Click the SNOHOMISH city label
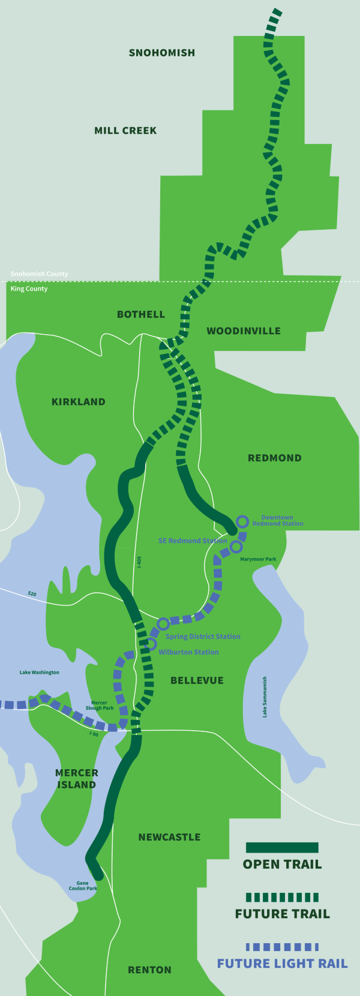point(162,53)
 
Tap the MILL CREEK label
point(125,130)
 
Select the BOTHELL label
point(141,314)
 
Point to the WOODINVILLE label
point(244,331)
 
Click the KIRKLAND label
point(79,402)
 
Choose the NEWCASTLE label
point(169,837)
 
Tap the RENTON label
point(149,970)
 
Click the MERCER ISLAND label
point(76,779)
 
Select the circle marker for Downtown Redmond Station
point(242,521)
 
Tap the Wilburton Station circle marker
point(151,644)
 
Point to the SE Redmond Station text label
point(193,541)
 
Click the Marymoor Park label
point(258,559)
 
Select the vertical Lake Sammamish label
point(265,697)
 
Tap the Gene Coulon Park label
point(83,886)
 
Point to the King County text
point(29,289)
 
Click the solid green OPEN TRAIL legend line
point(282,847)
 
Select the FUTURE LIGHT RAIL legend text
point(282,964)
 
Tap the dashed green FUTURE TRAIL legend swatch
point(282,897)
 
